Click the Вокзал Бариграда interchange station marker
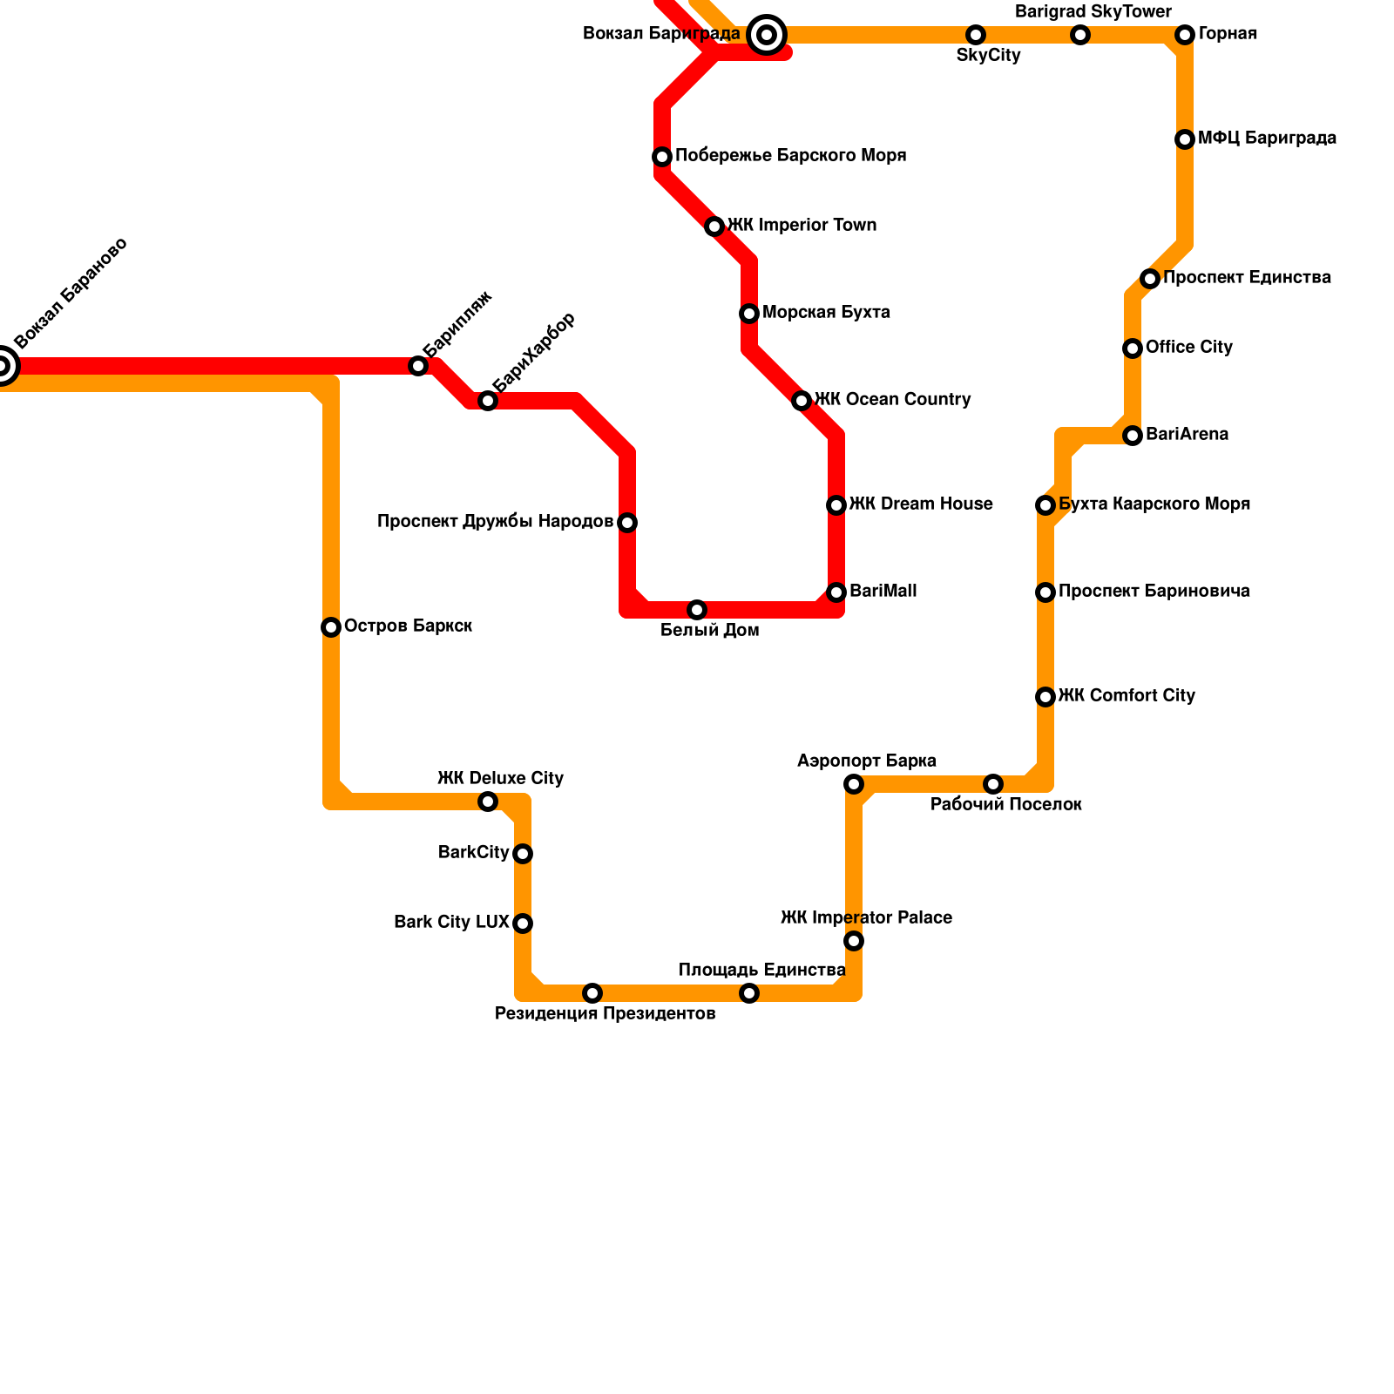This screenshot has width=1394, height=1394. coord(767,35)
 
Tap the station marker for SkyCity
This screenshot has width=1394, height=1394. coord(976,35)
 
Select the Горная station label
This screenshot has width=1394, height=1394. coord(1228,34)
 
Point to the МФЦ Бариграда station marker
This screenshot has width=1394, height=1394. coord(1185,139)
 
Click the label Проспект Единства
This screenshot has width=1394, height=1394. coord(1247,278)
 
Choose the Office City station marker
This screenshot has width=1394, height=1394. coord(1133,348)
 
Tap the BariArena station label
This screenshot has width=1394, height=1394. coord(1187,435)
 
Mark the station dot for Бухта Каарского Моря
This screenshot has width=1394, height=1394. coord(1045,505)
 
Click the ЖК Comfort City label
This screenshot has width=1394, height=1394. coord(1127,696)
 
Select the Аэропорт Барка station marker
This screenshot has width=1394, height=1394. coord(854,784)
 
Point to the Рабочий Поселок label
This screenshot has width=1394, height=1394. coord(1006,805)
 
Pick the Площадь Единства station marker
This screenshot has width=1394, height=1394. coord(749,993)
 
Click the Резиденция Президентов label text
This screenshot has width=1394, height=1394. coord(605,1014)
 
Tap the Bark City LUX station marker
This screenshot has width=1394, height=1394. coord(523,924)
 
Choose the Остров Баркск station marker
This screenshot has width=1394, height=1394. coord(331,627)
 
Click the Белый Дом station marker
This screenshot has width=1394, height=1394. coord(697,610)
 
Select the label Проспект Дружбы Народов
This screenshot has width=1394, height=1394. coord(495,522)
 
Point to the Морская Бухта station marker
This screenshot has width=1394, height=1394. coord(749,314)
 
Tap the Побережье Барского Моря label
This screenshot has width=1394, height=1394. coord(790,156)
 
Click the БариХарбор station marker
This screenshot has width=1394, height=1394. coord(488,401)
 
